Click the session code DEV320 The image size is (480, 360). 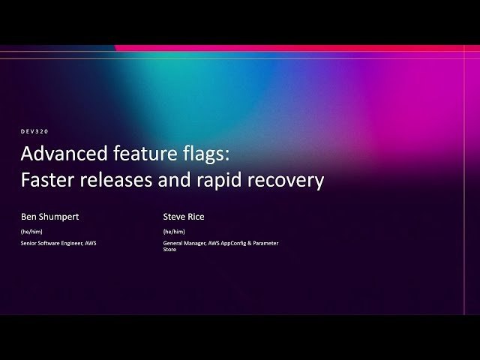pyautogui.click(x=34, y=131)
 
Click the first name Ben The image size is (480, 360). pyautogui.click(x=28, y=217)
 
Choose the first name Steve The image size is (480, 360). pyautogui.click(x=173, y=217)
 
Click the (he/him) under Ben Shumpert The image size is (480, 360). pyautogui.click(x=31, y=232)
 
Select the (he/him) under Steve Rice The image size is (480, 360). pyautogui.click(x=174, y=232)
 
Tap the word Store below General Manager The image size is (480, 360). pyautogui.click(x=170, y=250)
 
